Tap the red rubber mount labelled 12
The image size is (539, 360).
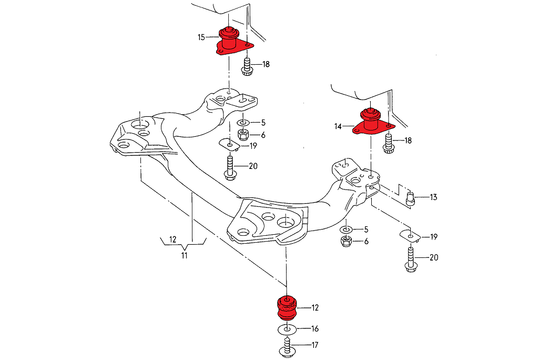coord(287,308)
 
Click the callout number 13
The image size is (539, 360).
coord(433,197)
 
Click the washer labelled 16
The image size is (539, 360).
coord(286,329)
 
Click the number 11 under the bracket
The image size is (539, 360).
coord(184,256)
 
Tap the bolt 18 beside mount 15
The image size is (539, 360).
coord(247,68)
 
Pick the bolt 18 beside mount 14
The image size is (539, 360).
coord(389,144)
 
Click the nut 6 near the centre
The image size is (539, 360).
coord(244,135)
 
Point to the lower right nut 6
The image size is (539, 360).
coord(347,242)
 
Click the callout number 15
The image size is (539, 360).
coord(201,37)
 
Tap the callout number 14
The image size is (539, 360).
coord(338,126)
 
